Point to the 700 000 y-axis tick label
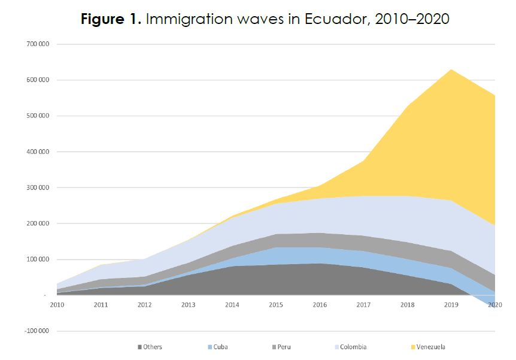pos(37,44)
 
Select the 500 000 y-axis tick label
pos(37,116)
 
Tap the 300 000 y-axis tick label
pos(37,188)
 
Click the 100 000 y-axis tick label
pos(37,260)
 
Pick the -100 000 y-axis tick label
pos(36,331)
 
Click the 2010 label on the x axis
pos(57,305)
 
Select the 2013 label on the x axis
pos(189,305)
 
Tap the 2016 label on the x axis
pos(320,305)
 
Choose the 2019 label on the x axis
pos(451,305)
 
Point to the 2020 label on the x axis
pos(494,305)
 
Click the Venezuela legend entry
pos(432,347)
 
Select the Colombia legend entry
pos(354,347)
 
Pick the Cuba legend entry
pos(220,347)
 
